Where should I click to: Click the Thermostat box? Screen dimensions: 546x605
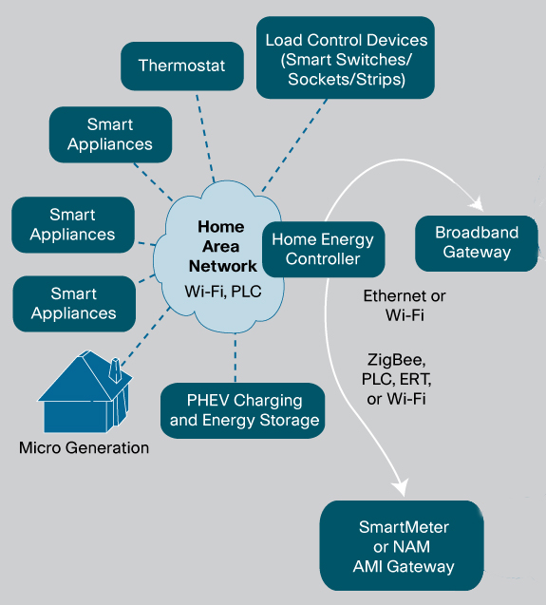point(182,66)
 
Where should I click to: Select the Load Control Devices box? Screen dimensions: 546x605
point(346,58)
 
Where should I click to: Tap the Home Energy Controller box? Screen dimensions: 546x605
point(324,249)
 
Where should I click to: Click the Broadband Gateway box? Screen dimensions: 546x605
point(477,243)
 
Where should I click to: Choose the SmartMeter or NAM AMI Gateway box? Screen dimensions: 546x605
point(402,545)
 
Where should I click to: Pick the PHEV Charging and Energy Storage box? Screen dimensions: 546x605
point(243,410)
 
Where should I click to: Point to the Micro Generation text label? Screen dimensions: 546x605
point(85,448)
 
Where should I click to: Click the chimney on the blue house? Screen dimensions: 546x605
point(115,370)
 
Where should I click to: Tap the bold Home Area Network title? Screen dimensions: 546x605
point(222,247)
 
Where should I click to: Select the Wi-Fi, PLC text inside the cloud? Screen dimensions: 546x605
point(223,292)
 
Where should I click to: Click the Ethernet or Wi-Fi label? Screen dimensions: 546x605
point(405,306)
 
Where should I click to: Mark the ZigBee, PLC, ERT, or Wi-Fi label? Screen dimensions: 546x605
point(396,379)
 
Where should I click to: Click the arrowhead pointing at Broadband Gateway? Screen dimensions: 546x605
point(478,203)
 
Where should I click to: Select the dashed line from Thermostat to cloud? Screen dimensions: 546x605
point(205,138)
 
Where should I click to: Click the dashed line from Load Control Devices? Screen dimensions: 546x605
point(294,145)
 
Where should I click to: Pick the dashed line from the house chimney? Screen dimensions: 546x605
point(145,336)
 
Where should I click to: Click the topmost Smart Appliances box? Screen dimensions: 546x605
point(111,135)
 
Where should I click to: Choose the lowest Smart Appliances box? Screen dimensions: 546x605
point(74,304)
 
